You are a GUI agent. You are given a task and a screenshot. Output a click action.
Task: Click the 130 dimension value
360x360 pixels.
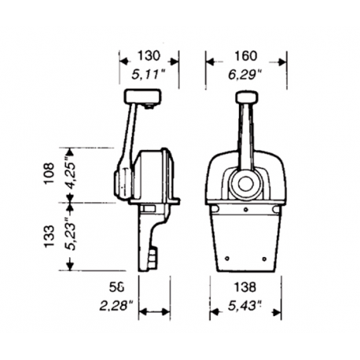[148, 56]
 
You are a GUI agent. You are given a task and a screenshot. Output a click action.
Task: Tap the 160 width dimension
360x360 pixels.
[245, 56]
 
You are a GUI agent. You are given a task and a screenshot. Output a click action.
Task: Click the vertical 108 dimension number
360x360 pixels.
[50, 173]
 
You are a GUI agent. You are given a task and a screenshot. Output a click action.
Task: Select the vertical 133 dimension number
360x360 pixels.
[50, 233]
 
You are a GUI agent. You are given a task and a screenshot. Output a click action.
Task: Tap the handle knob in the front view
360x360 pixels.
[245, 97]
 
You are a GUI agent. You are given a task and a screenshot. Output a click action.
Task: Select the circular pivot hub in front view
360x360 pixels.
[245, 186]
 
